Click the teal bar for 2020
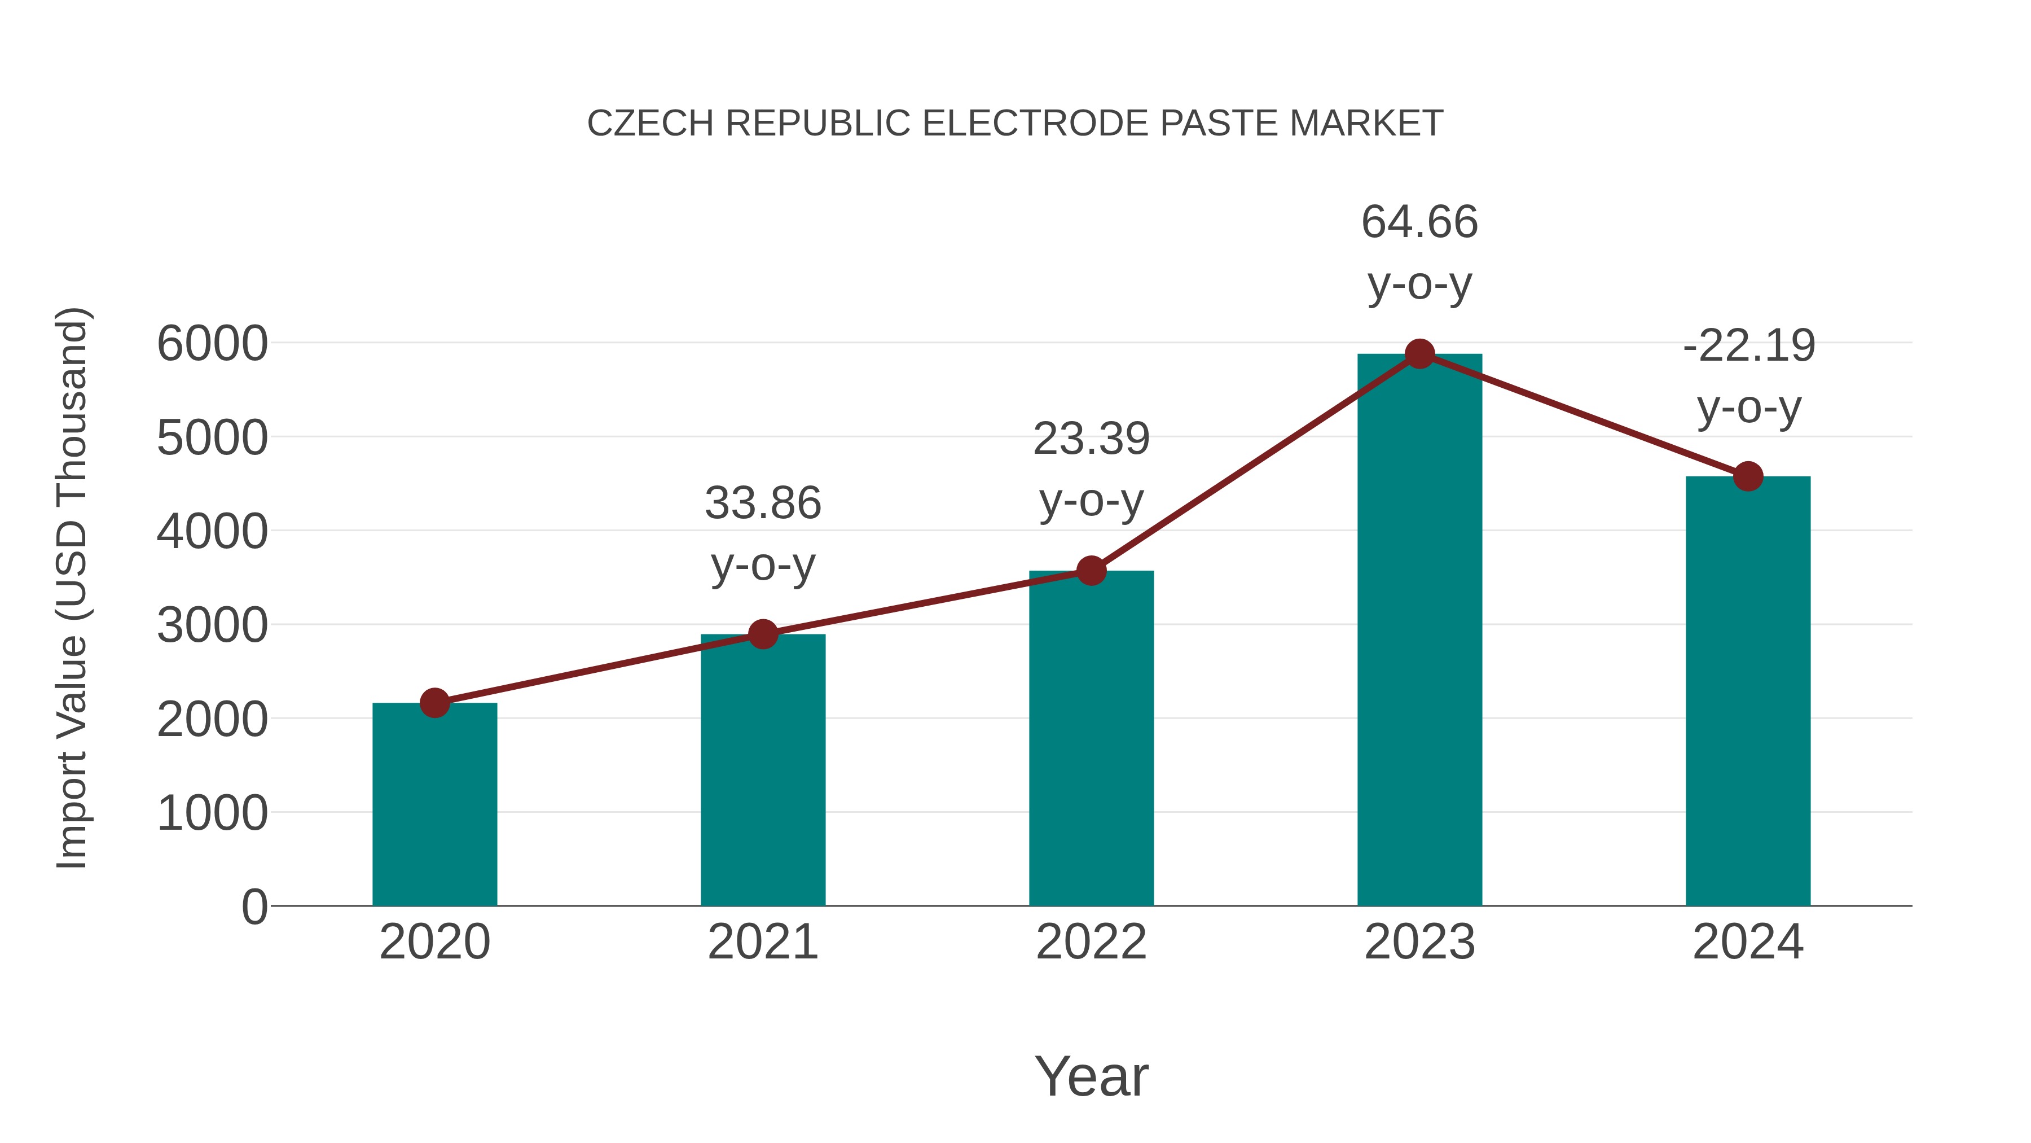tap(434, 804)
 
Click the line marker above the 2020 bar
tap(434, 702)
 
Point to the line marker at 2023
tap(1419, 354)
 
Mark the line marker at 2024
tap(1748, 476)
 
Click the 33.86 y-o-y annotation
tap(762, 503)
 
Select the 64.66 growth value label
tap(1419, 222)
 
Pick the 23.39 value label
tap(1091, 439)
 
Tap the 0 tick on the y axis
tap(254, 907)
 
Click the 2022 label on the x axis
tap(1091, 942)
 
